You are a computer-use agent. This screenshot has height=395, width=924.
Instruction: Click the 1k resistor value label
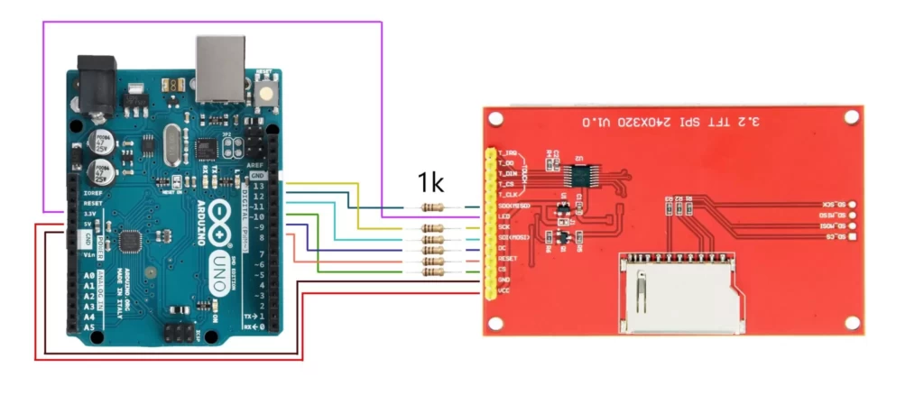[x=430, y=183]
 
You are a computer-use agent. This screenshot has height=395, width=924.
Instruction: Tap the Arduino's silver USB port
[x=220, y=68]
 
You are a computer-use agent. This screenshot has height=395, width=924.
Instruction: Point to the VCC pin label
[x=504, y=290]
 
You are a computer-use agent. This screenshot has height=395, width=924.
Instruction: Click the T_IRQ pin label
[x=507, y=153]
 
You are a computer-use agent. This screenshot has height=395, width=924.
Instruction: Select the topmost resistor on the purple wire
[x=433, y=207]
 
